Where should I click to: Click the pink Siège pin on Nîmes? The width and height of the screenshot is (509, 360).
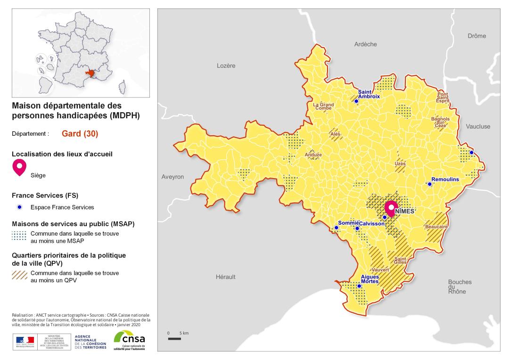(391, 207)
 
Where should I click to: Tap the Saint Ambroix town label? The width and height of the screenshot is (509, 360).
(369, 94)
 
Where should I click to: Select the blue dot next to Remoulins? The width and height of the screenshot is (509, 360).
(429, 184)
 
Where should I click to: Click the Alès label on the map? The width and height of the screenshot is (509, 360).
(335, 134)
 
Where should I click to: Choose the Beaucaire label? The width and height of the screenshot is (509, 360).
(436, 227)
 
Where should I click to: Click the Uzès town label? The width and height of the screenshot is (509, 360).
(400, 164)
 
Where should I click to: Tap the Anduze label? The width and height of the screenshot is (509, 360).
(313, 155)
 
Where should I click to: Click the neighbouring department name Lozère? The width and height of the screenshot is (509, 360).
(226, 65)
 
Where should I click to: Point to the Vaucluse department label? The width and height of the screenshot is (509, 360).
(478, 126)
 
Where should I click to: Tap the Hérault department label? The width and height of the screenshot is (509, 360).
(225, 277)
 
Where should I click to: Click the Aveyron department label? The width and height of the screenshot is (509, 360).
(172, 177)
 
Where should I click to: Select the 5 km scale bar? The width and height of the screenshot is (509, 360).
(174, 339)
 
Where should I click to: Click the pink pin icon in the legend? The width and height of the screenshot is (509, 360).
(19, 167)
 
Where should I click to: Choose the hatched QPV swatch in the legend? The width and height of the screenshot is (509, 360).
(19, 276)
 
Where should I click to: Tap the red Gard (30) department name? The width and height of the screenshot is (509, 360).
(80, 133)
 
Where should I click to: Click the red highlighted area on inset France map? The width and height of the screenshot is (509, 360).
(90, 74)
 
